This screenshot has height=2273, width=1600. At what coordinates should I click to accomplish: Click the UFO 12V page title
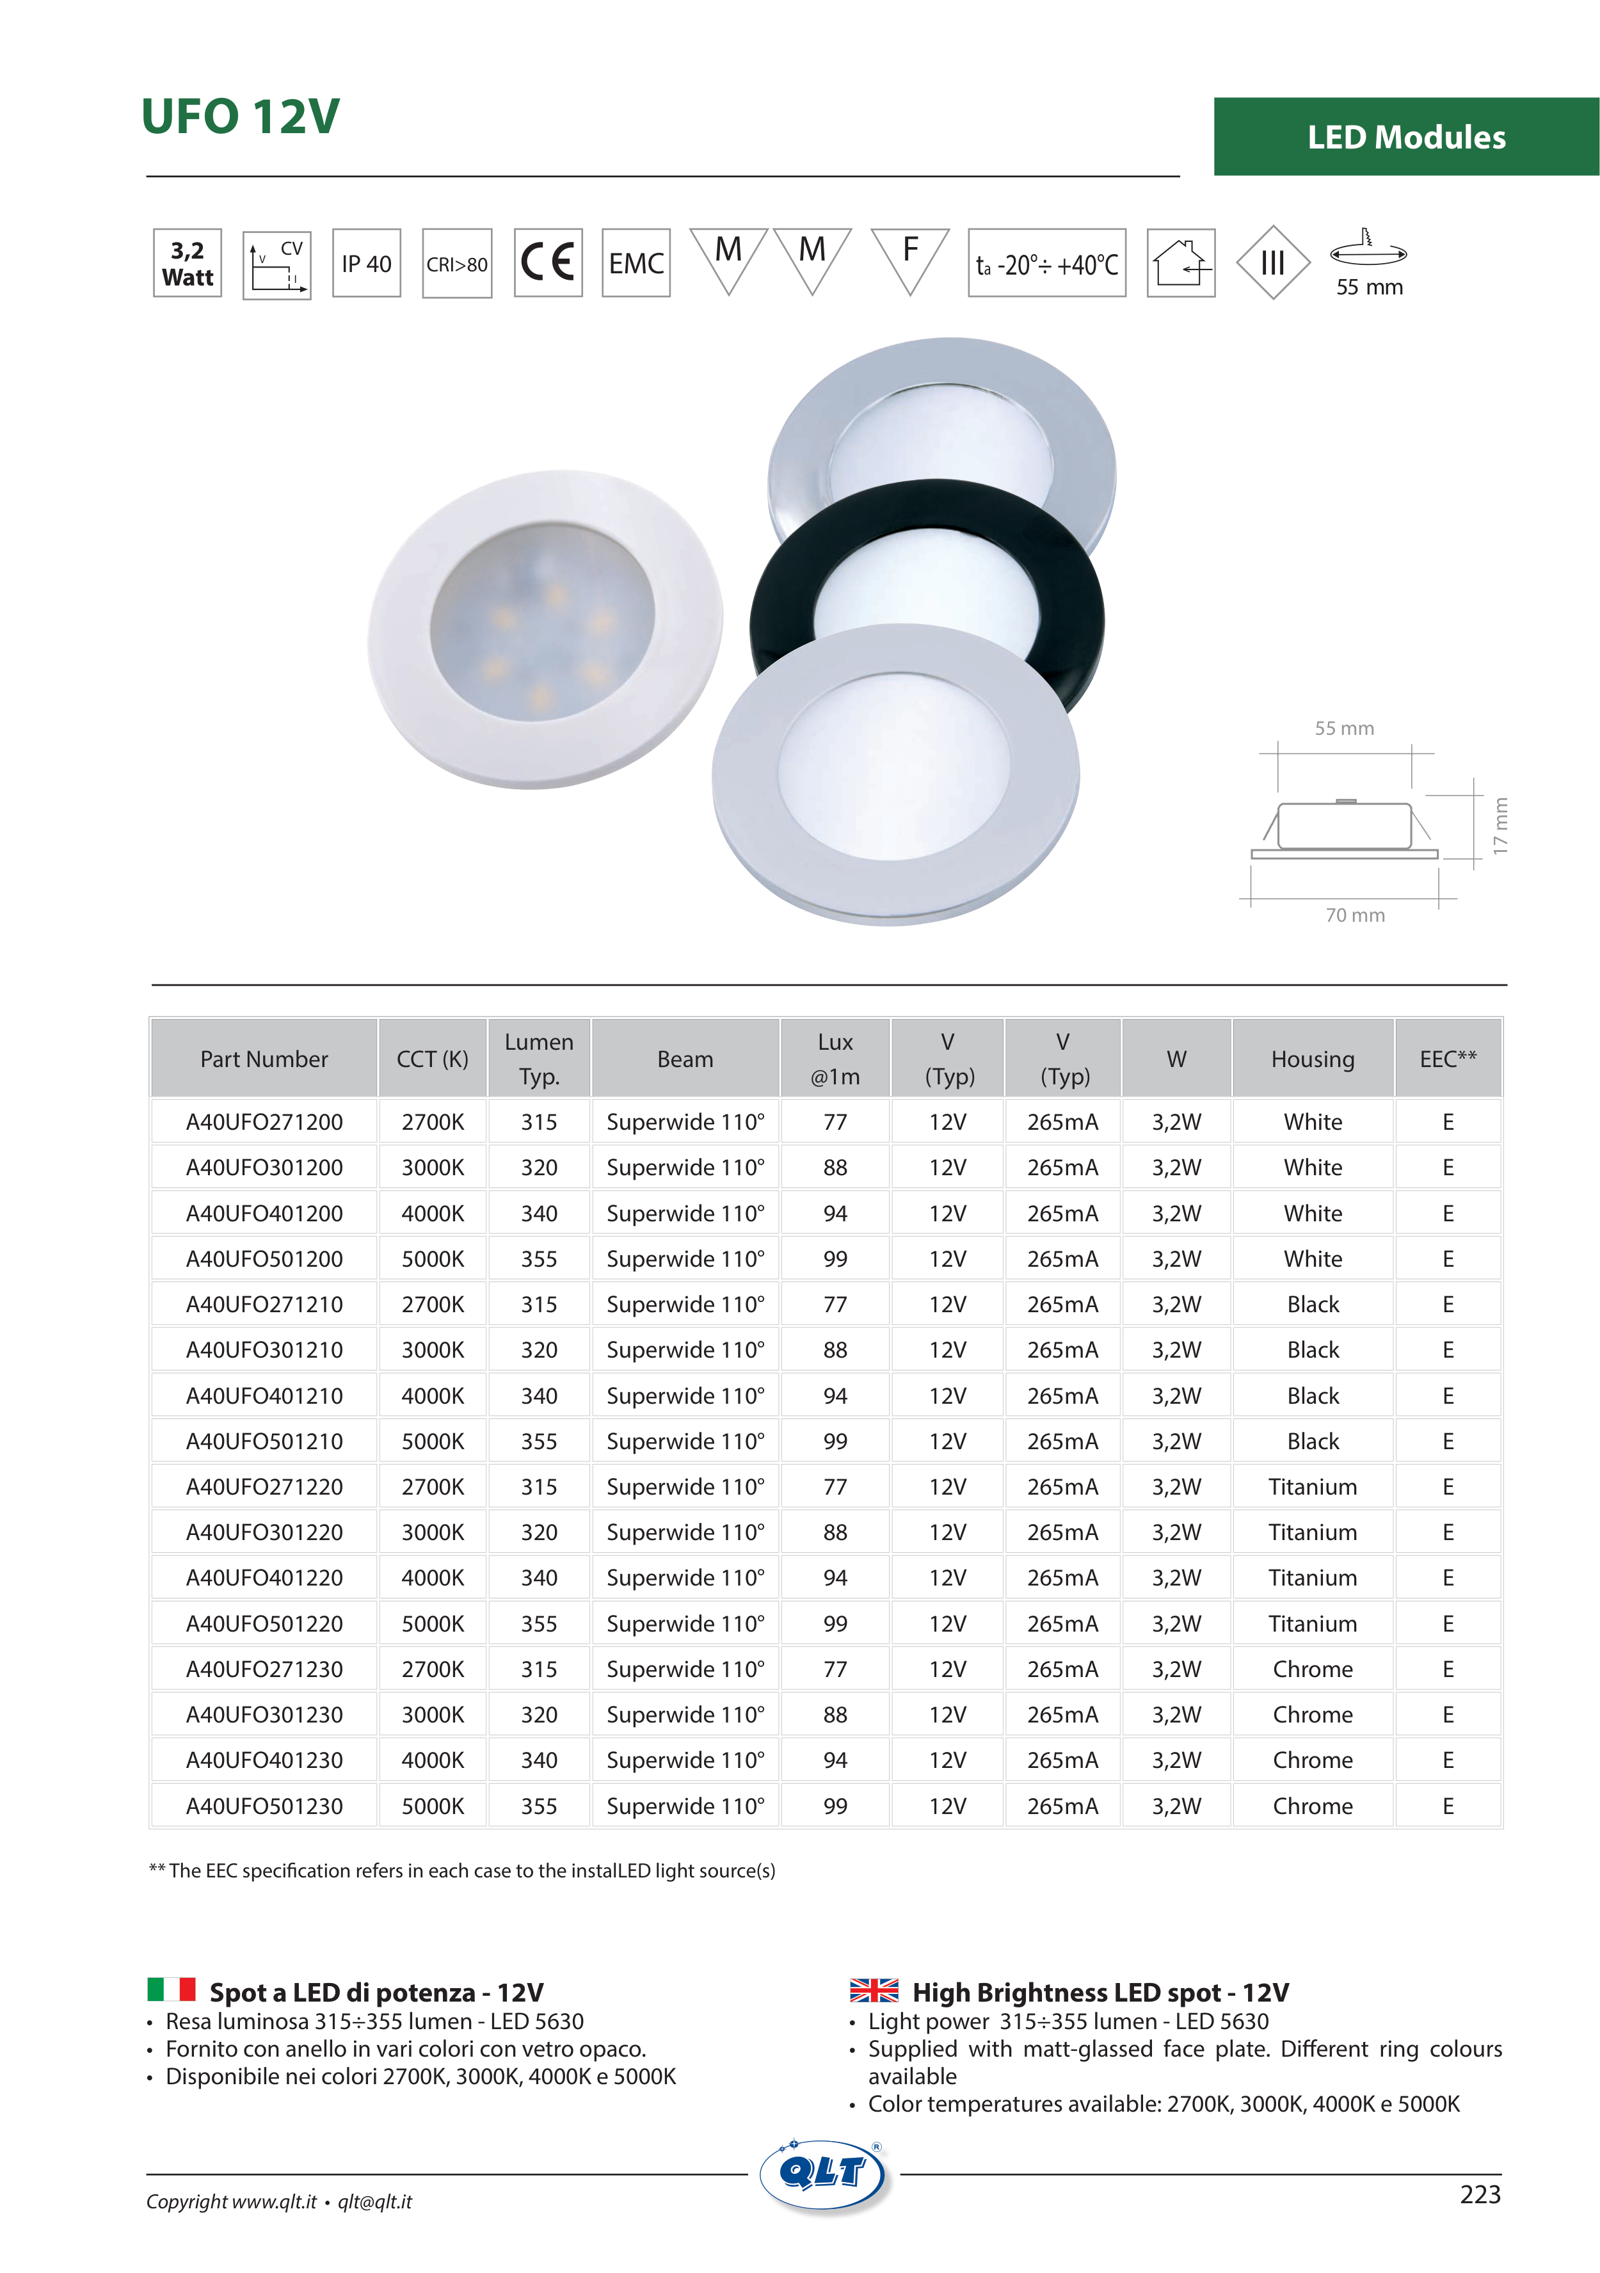click(x=241, y=116)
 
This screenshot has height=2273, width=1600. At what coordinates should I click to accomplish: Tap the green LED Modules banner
click(x=1406, y=136)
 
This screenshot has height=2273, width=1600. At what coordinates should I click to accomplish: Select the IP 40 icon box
click(x=366, y=263)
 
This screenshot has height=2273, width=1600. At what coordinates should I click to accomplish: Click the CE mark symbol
click(x=548, y=263)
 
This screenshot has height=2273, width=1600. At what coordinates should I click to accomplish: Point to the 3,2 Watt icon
click(x=187, y=263)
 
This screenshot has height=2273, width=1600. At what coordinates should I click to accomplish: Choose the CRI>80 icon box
click(x=456, y=263)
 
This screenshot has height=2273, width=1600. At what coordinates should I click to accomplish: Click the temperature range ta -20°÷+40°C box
click(x=1046, y=263)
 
